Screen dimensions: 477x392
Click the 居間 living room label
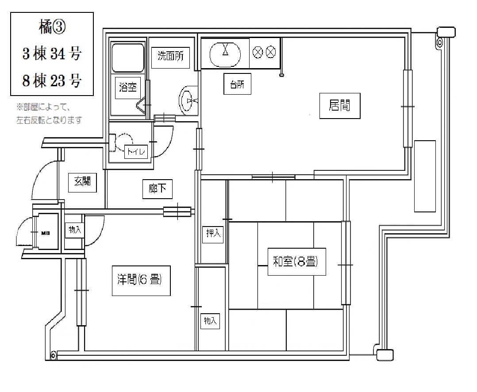click(x=339, y=106)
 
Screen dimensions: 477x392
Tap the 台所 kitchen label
click(x=237, y=84)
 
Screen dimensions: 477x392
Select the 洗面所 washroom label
click(x=170, y=57)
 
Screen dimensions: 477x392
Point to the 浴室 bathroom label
click(x=128, y=88)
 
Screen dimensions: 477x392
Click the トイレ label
click(x=136, y=151)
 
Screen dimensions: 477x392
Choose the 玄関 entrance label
click(x=82, y=182)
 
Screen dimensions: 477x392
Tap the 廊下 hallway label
click(x=157, y=189)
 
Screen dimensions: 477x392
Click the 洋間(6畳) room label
click(x=141, y=281)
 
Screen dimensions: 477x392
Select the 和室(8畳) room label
click(x=296, y=261)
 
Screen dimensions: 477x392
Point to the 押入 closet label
click(x=213, y=234)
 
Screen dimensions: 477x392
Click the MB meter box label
click(x=46, y=233)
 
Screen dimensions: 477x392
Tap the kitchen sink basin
click(x=225, y=54)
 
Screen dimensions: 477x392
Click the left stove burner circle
click(x=258, y=52)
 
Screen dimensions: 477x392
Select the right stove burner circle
click(x=271, y=52)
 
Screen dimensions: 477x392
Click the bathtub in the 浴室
click(x=128, y=58)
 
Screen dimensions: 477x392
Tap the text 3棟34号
click(x=52, y=54)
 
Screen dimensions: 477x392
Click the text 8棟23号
click(x=52, y=81)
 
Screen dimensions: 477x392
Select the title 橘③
click(x=52, y=27)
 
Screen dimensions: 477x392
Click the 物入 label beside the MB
click(x=74, y=230)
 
